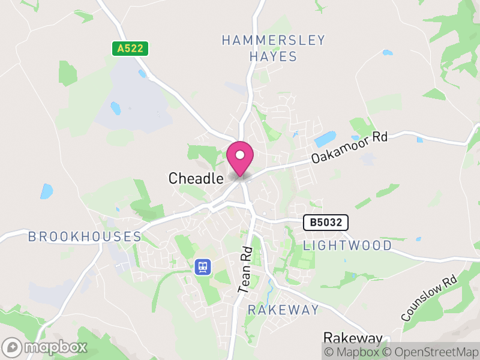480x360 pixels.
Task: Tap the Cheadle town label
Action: (x=196, y=178)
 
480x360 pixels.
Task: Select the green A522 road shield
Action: (x=130, y=49)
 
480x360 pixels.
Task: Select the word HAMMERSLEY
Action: (x=273, y=41)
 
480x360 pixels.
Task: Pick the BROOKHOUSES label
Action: (x=85, y=236)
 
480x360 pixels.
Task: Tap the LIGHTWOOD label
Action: (x=347, y=245)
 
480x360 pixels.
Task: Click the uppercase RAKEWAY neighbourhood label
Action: (x=284, y=310)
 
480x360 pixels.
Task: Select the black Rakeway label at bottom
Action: (x=353, y=338)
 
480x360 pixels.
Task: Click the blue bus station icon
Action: (x=202, y=266)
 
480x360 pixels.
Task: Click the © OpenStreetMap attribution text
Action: (x=431, y=352)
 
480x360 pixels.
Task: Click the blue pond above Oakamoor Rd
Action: (x=325, y=139)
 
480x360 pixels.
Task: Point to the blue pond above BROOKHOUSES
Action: (x=46, y=191)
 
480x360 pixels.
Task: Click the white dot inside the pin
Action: (x=240, y=155)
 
